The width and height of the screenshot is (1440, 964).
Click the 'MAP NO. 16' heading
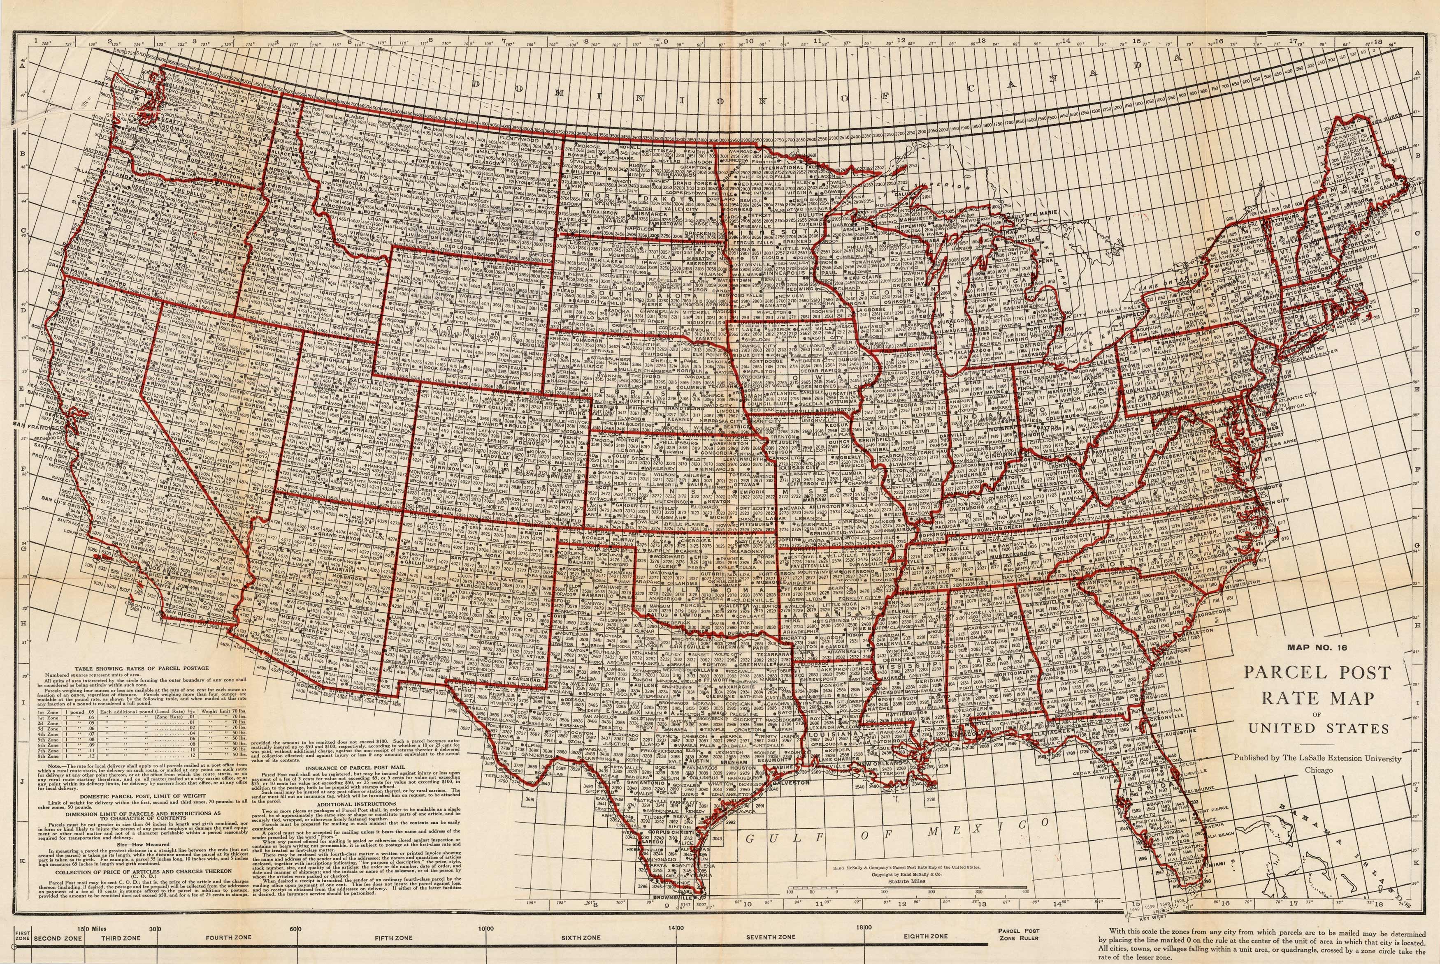click(1316, 647)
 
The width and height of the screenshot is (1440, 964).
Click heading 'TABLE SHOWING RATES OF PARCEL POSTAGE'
click(142, 668)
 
